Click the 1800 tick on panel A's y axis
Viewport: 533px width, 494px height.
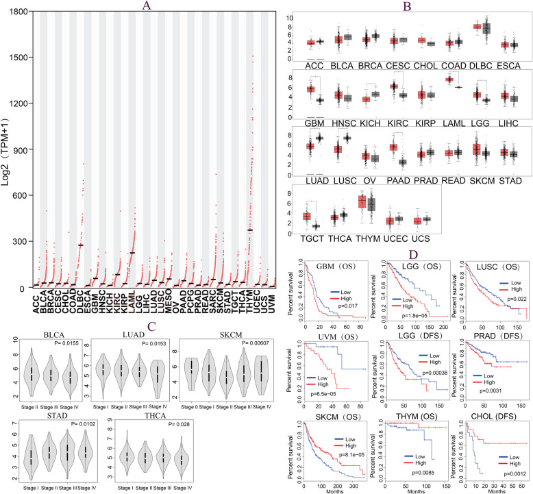point(17,12)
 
